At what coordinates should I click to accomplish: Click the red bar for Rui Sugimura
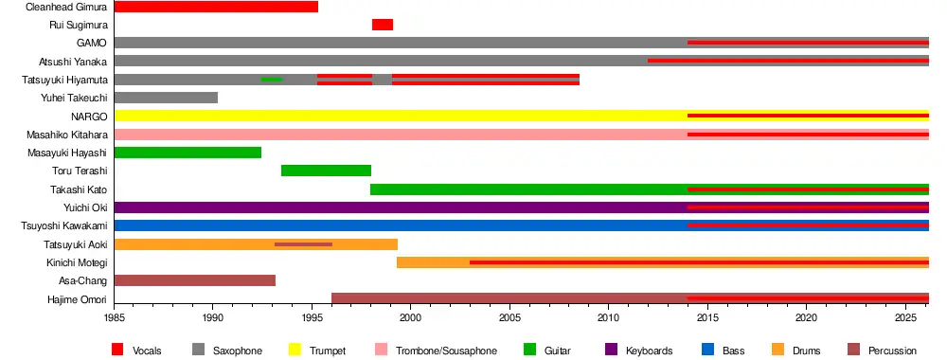tap(383, 25)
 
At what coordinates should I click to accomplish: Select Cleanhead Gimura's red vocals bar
tap(216, 7)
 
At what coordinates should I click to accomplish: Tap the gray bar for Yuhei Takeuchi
tap(166, 98)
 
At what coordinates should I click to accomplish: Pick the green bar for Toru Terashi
tap(326, 171)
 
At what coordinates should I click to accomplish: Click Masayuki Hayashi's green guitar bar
tap(188, 153)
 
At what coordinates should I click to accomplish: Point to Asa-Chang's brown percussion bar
tap(195, 280)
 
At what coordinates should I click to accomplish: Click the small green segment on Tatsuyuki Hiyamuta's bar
tap(271, 80)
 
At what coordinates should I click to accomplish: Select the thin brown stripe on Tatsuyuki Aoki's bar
tap(303, 244)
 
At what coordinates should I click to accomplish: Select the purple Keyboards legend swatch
tap(611, 350)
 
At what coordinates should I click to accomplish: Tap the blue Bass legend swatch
tap(708, 350)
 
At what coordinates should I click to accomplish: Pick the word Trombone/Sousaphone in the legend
tap(446, 351)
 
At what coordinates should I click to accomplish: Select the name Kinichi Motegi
tap(78, 262)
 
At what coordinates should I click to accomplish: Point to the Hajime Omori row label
tap(78, 299)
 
